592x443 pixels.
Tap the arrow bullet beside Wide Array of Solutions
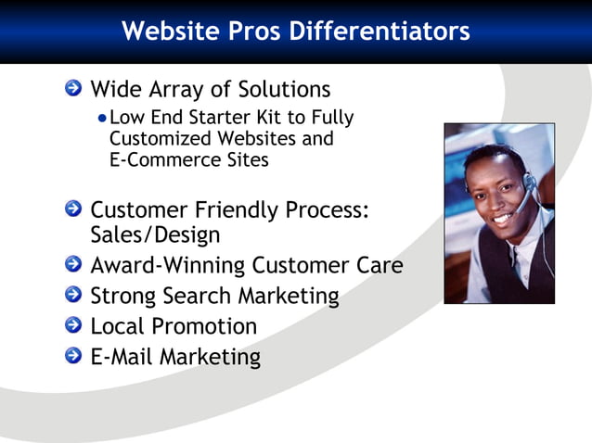(x=73, y=89)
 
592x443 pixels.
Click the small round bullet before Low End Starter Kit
(x=102, y=119)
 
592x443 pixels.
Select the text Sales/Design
(x=154, y=234)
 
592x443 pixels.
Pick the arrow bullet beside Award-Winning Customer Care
(x=73, y=266)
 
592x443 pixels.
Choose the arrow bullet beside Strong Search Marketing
(x=73, y=297)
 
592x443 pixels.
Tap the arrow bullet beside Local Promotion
(x=73, y=327)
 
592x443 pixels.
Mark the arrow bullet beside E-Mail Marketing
(x=73, y=357)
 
